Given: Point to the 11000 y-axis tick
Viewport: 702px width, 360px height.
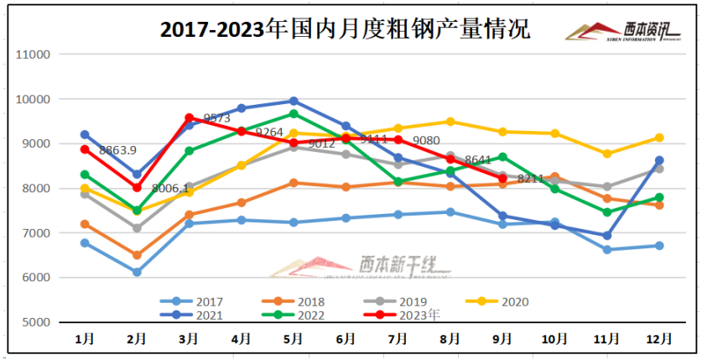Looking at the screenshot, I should pos(34,55).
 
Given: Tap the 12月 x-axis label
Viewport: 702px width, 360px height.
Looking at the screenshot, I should pos(659,338).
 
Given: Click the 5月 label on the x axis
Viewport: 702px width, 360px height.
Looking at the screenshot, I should pos(294,338).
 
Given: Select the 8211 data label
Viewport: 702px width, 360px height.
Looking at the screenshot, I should pos(531,179).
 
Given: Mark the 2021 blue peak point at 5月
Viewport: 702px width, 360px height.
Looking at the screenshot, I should pos(294,102).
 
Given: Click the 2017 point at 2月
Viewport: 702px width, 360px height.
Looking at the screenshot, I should pos(137,272).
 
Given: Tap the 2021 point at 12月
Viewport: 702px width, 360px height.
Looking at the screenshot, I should pos(659,160).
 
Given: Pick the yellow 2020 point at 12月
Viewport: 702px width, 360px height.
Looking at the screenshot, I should pos(659,138).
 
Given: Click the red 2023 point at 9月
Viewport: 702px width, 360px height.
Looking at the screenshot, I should pos(502,179).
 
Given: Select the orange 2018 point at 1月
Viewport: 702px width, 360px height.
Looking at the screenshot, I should pos(85,224).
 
